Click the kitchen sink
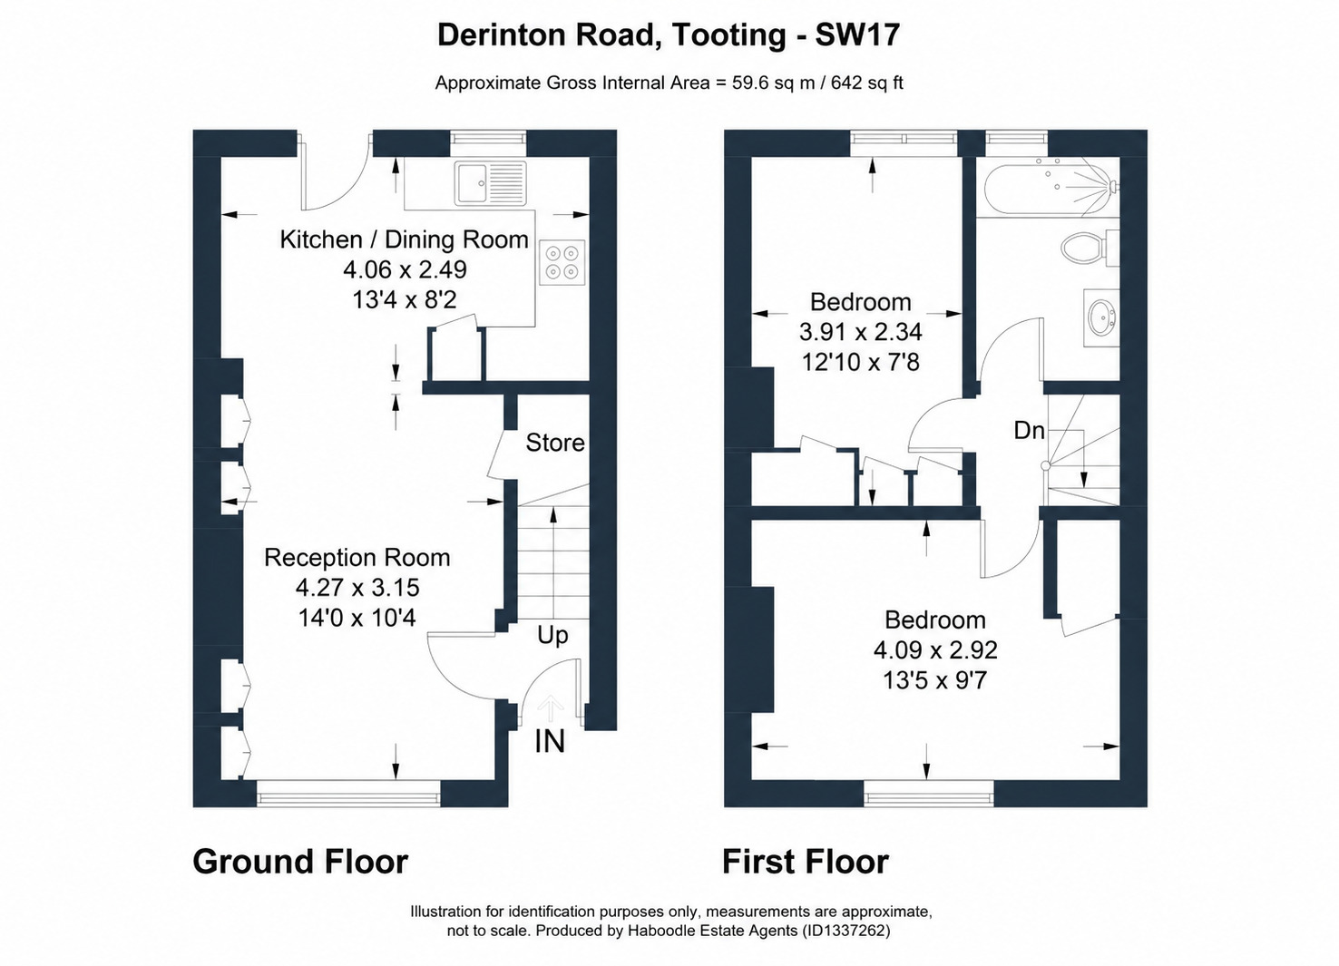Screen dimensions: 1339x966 coord(490,183)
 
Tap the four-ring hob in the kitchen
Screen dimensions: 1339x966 coord(562,262)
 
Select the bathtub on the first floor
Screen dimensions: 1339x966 coord(1051,187)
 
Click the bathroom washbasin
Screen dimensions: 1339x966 coord(1101,317)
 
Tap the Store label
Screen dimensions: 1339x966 coord(554,443)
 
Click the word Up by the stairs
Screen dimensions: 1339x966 coord(552,636)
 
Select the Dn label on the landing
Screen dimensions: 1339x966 coord(1029,431)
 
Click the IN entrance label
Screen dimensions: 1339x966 coord(550,742)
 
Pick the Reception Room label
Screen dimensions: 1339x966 coord(357,558)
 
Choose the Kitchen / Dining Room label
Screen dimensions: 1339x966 coord(404,239)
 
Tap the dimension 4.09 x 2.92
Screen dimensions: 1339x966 coord(935,649)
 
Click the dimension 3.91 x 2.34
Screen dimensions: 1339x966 coord(861,332)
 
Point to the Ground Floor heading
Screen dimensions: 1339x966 coord(300,862)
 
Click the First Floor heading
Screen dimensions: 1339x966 coord(806,862)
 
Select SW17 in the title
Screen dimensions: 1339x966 coord(857,34)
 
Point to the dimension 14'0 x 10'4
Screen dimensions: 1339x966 coord(357,618)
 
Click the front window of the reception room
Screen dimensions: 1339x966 coord(348,794)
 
